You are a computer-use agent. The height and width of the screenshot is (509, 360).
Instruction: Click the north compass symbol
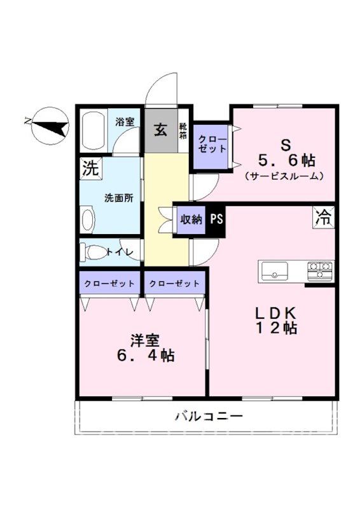[x=50, y=126]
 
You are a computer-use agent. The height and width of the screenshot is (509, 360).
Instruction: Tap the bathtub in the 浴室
[x=92, y=130]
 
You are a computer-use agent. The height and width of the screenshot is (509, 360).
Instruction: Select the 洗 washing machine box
[x=90, y=169]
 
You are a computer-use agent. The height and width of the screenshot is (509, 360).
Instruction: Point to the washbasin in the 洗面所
[x=88, y=220]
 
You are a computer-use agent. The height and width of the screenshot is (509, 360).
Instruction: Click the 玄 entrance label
[x=161, y=130]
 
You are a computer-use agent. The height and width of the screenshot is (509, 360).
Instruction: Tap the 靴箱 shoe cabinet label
[x=183, y=130]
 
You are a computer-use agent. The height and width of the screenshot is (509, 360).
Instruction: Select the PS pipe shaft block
[x=216, y=220]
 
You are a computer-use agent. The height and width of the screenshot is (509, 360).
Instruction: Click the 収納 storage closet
[x=191, y=220]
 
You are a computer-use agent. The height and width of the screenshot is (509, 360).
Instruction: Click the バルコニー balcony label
[x=209, y=416]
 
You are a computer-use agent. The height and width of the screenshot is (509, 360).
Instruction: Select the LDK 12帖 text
[x=276, y=321]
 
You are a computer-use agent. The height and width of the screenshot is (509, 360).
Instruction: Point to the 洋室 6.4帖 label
[x=146, y=347]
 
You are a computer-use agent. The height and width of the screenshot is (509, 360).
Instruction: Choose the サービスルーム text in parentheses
[x=284, y=176]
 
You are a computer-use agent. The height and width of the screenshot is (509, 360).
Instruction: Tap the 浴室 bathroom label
[x=125, y=122]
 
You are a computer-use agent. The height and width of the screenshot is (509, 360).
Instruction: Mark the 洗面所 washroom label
[x=119, y=198]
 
